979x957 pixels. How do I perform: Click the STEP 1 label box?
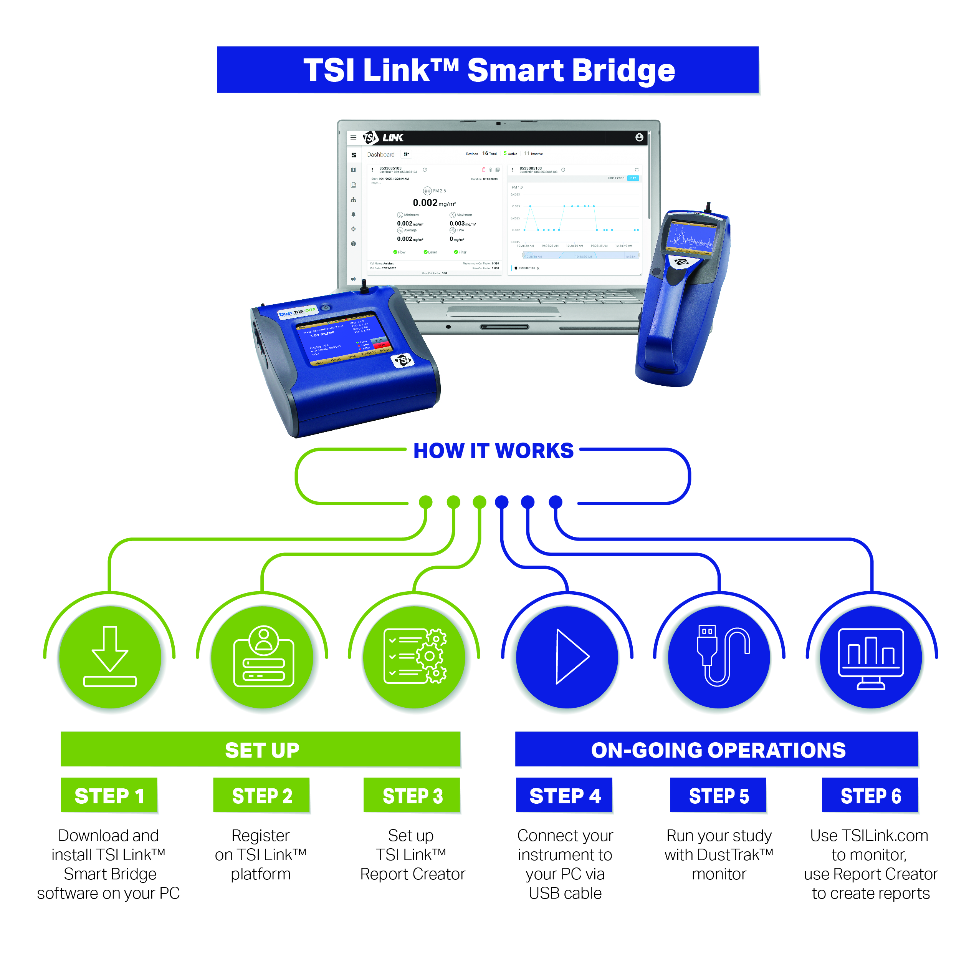click(x=109, y=795)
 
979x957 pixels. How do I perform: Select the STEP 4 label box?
click(x=564, y=795)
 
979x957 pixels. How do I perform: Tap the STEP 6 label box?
click(x=870, y=795)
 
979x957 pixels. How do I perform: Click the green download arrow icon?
click(x=109, y=656)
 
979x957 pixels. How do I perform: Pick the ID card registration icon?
click(x=263, y=656)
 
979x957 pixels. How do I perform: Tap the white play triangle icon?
click(x=571, y=656)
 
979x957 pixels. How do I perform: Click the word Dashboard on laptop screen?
click(x=381, y=154)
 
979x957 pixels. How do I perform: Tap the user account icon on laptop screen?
click(x=639, y=137)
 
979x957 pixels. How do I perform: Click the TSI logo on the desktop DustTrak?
click(x=402, y=360)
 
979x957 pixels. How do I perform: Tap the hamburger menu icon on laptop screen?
click(x=353, y=137)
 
